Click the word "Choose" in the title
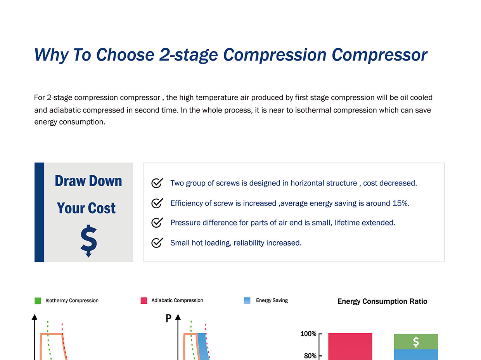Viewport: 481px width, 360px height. (125, 55)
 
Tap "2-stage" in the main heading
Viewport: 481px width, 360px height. (189, 55)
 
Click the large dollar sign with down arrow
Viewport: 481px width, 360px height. (88, 241)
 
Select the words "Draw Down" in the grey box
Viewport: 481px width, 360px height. (88, 181)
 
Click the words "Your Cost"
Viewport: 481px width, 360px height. (86, 208)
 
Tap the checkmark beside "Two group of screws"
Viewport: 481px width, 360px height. (157, 183)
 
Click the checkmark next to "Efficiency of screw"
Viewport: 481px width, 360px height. (157, 203)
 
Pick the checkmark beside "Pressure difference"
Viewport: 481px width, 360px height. (157, 222)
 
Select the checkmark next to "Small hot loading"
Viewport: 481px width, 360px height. (157, 242)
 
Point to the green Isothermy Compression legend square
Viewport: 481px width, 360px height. (38, 301)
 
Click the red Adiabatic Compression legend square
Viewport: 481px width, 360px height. (144, 301)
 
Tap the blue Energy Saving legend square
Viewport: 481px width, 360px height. (247, 300)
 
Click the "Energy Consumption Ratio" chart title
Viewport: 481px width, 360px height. (382, 301)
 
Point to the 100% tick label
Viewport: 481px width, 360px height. (308, 334)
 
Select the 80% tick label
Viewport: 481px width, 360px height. (310, 356)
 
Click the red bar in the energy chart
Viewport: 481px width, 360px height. (350, 346)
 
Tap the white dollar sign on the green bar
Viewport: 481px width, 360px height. (416, 342)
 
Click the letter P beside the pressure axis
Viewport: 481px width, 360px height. (168, 318)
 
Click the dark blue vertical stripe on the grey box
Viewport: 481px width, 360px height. (40, 212)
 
